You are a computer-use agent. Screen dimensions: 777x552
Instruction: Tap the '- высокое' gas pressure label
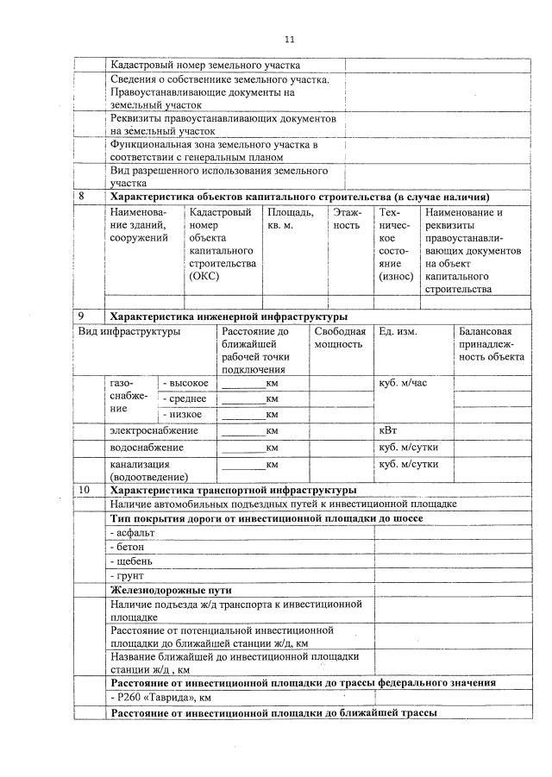[x=185, y=383]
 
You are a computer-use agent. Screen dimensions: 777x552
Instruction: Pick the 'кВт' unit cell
[x=389, y=430]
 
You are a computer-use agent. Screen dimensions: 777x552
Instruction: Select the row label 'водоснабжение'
[x=147, y=448]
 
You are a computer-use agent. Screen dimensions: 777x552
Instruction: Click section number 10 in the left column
[x=84, y=490]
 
